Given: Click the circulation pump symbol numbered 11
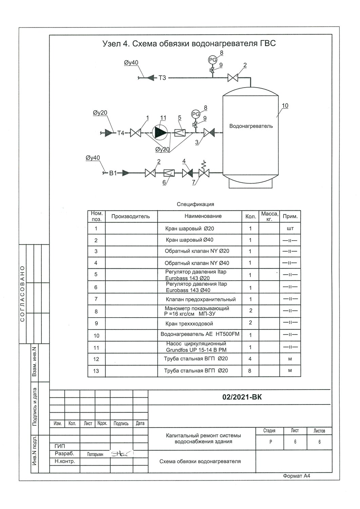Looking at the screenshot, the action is point(160,132).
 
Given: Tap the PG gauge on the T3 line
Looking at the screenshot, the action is point(213,60).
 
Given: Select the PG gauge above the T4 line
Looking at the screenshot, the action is point(196,114).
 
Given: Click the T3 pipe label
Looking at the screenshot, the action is point(162,78).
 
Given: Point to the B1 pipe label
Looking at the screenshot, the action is point(113,173).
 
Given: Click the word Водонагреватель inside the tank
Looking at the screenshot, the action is point(251,126).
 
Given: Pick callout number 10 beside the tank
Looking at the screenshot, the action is point(285,106).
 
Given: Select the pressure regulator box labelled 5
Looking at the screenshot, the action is point(180,133).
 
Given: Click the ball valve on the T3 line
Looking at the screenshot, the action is point(233,78).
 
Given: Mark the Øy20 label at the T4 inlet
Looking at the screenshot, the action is point(100,113).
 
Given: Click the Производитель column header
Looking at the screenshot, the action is point(130,216).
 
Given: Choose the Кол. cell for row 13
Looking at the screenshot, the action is point(250,371).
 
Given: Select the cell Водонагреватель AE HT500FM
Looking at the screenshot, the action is point(200,334).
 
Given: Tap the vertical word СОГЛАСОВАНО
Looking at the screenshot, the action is point(22,294).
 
